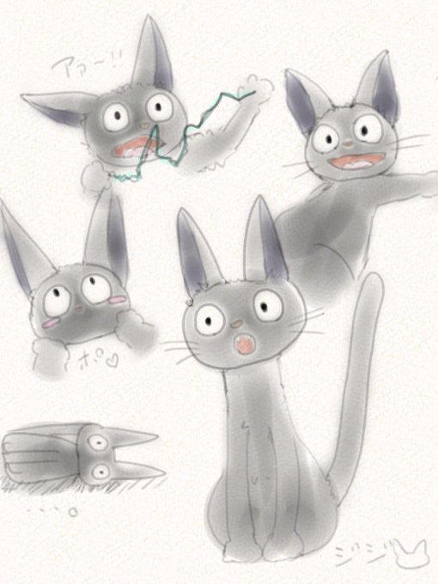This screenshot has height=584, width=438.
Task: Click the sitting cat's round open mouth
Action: (245, 344)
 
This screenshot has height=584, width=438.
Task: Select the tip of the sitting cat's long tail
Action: (373, 280)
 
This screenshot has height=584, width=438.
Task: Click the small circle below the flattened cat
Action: (73, 514)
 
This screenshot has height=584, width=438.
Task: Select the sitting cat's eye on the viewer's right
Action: (266, 304)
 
